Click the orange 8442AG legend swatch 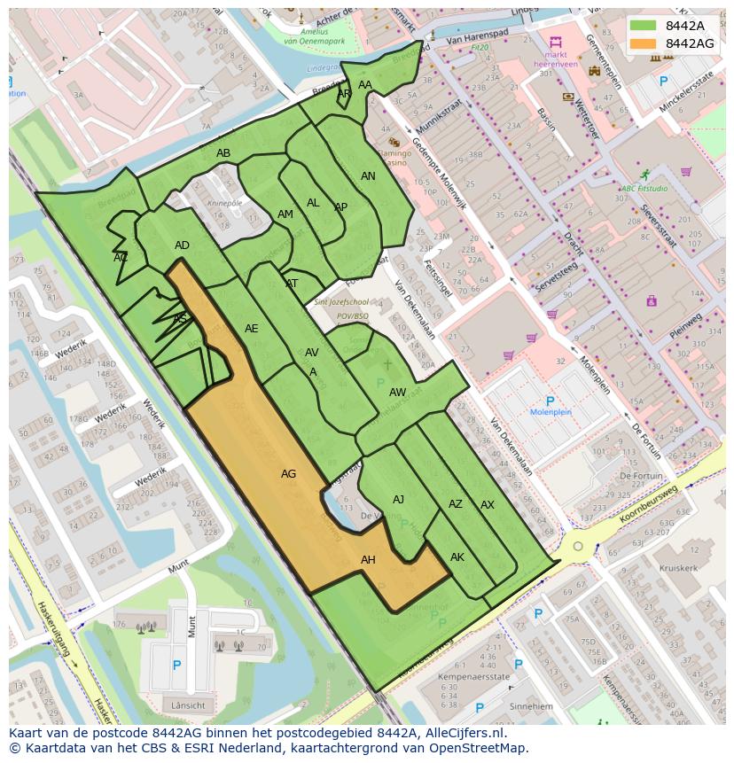(x=644, y=43)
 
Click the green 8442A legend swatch (x=644, y=25)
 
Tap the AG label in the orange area (x=288, y=474)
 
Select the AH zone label (x=368, y=560)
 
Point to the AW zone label (x=398, y=393)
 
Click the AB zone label (x=223, y=153)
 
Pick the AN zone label (x=368, y=176)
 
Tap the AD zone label (x=182, y=245)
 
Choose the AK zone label (x=457, y=557)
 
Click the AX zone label (x=488, y=505)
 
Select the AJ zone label (x=398, y=500)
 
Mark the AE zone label (x=252, y=329)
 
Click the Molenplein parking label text (x=550, y=412)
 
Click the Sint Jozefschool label (x=340, y=302)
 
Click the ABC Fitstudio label (x=644, y=189)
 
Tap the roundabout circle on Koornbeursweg (x=578, y=546)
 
